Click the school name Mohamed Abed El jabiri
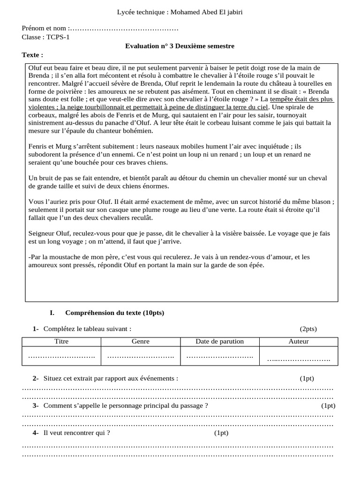[207, 12]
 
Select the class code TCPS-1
[57, 37]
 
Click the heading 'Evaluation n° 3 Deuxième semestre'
[180, 46]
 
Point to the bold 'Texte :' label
[32, 55]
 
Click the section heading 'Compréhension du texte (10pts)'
[114, 313]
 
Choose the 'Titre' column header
[61, 341]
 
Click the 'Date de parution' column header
[220, 341]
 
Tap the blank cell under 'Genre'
[141, 356]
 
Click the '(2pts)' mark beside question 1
[311, 329]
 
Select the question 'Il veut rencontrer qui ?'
[76, 433]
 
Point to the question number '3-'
[36, 406]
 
